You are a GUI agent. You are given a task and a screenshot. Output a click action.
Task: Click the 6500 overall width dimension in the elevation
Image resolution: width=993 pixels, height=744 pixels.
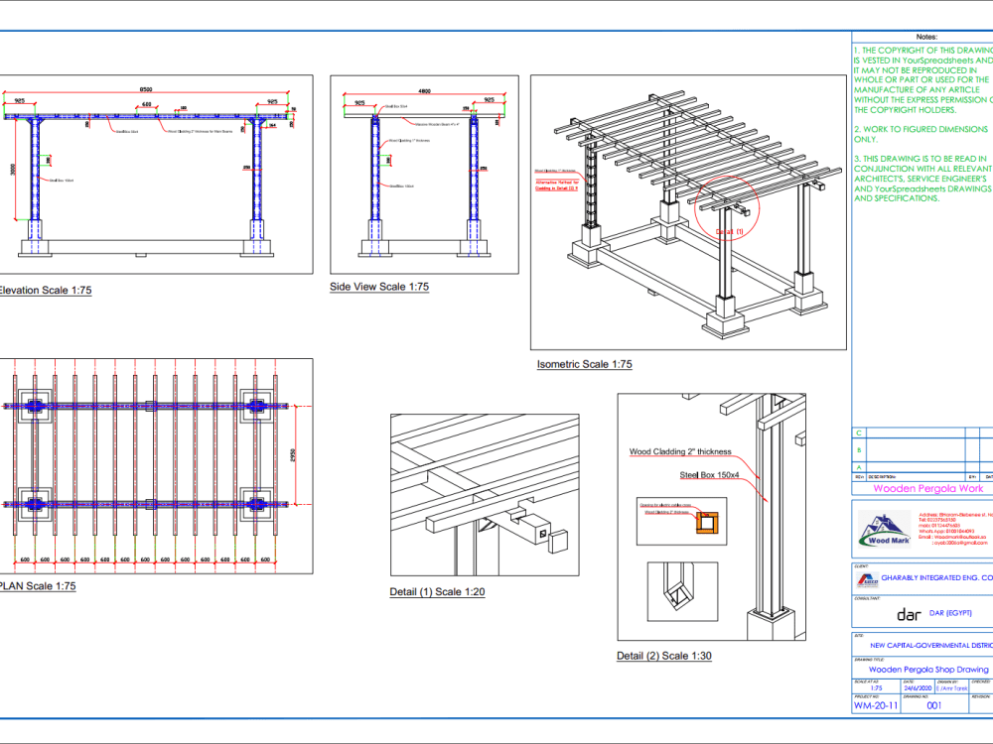click(146, 90)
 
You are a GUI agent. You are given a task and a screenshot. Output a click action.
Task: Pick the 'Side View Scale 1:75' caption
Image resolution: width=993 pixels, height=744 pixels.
click(379, 287)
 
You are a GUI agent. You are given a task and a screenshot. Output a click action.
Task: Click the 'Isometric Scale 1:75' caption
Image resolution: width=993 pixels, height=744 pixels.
click(584, 364)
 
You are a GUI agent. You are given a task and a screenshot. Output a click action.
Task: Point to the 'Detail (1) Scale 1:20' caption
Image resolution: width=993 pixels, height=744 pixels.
click(437, 592)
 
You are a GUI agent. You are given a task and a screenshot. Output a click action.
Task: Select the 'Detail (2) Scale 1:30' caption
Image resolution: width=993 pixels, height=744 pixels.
click(663, 656)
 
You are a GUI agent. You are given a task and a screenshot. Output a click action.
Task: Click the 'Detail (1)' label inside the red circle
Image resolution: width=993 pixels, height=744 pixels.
click(730, 231)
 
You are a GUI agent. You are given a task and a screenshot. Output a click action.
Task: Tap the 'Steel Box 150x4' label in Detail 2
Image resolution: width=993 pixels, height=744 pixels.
click(709, 475)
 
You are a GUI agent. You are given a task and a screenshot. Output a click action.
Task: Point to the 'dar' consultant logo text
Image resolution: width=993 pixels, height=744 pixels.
click(909, 614)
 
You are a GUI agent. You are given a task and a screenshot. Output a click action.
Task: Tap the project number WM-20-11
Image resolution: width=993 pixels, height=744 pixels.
click(876, 706)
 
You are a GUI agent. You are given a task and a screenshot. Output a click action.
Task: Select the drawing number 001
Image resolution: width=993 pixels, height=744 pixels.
click(933, 706)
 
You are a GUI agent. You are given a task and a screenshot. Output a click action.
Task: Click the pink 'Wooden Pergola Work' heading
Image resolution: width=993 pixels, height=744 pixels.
click(926, 488)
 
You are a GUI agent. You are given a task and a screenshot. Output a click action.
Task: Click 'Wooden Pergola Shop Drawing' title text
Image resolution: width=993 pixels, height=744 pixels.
click(927, 670)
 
